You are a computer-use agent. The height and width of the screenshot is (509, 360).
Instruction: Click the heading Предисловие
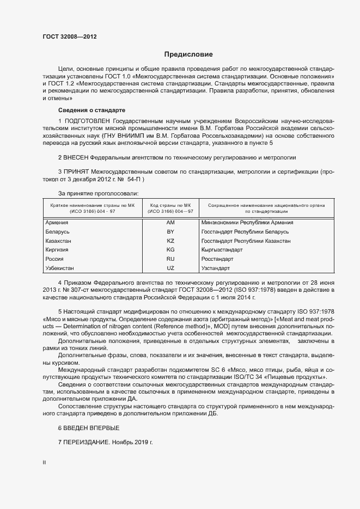(x=189, y=54)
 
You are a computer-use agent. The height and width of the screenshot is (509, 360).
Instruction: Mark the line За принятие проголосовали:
(x=97, y=193)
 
